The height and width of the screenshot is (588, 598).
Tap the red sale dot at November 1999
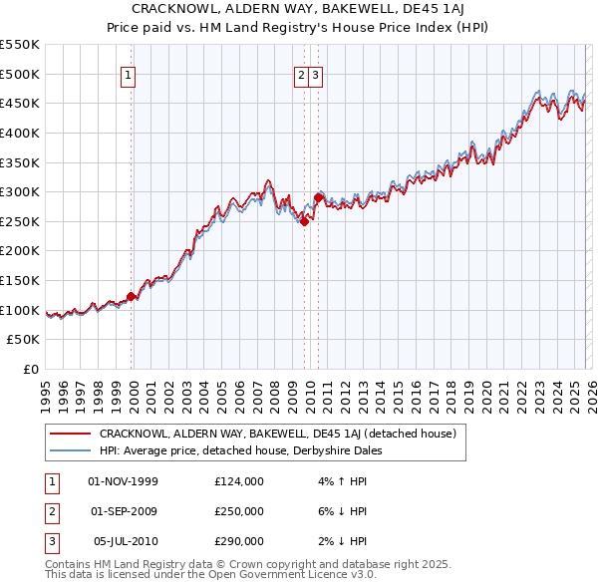pyautogui.click(x=131, y=296)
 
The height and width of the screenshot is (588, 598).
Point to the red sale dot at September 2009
pyautogui.click(x=305, y=221)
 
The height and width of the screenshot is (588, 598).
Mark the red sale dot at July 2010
pyautogui.click(x=318, y=197)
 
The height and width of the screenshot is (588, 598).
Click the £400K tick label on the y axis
pyautogui.click(x=20, y=133)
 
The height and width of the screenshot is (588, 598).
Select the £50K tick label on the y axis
pyautogui.click(x=24, y=340)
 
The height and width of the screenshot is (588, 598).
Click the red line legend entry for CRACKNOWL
pyautogui.click(x=277, y=434)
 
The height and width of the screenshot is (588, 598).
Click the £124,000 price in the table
pyautogui.click(x=239, y=481)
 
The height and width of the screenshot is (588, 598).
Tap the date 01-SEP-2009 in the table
pyautogui.click(x=124, y=511)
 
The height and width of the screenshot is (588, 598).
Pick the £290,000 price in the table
pyautogui.click(x=239, y=541)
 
